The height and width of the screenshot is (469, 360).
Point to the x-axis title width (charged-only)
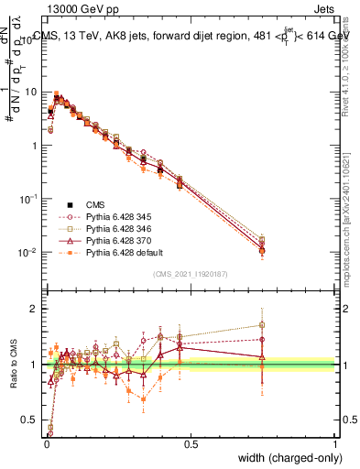coord(287,455)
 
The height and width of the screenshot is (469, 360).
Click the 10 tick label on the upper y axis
coord(30,92)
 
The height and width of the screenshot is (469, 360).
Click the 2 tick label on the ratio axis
coord(34,309)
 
